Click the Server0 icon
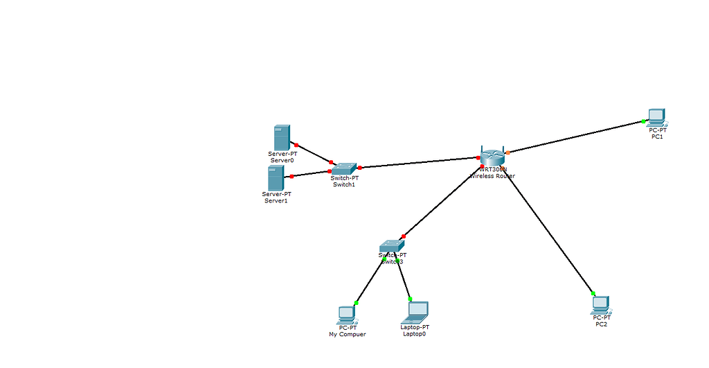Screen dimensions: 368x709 click(281, 137)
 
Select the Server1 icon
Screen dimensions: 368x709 click(276, 178)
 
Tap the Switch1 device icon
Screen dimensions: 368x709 click(343, 168)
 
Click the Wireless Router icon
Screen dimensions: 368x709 click(493, 157)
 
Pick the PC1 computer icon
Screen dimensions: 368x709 click(656, 116)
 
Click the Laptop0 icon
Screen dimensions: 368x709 click(417, 312)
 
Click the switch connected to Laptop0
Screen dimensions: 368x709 click(391, 246)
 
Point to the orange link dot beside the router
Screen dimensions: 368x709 click(508, 152)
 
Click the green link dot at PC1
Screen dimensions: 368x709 click(643, 121)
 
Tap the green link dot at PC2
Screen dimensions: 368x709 click(593, 292)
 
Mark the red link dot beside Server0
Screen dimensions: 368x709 click(296, 145)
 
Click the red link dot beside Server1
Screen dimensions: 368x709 click(291, 176)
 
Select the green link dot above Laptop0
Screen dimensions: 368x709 click(410, 299)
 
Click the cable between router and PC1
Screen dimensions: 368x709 click(575, 137)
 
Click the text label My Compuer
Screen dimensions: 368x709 click(347, 334)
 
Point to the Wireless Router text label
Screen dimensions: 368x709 click(492, 176)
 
